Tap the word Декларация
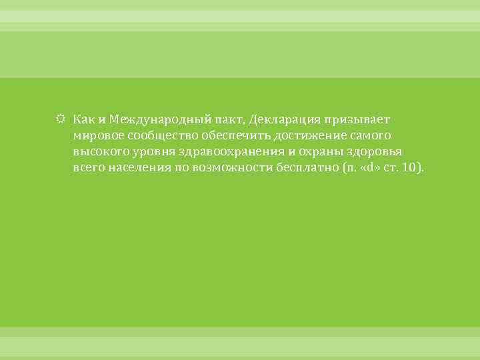(285, 119)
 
